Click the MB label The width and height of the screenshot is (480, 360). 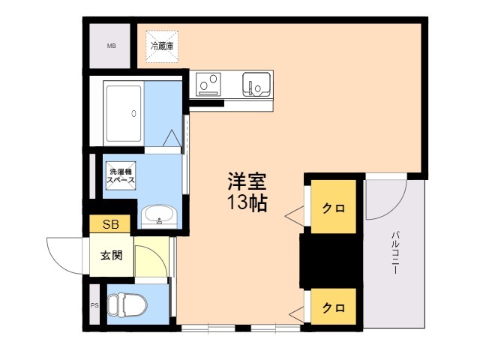[x=111, y=46]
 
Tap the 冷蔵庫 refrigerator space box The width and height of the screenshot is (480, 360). [x=162, y=46]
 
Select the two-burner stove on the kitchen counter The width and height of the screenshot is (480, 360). [x=208, y=84]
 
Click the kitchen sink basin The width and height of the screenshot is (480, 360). [x=256, y=83]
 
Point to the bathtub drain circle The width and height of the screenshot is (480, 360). [x=133, y=113]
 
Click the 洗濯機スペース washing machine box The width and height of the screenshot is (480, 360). [x=121, y=175]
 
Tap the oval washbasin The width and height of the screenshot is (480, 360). [x=159, y=215]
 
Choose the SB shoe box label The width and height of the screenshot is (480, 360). [x=110, y=224]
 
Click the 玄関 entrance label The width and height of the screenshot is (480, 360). [x=112, y=255]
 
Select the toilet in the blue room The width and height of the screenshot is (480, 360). [x=127, y=305]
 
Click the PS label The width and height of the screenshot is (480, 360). [x=95, y=305]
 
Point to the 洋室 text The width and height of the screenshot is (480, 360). [x=247, y=181]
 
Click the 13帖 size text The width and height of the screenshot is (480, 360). [x=247, y=202]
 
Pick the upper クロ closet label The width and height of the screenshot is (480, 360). [x=333, y=208]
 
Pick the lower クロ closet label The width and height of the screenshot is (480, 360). [x=333, y=307]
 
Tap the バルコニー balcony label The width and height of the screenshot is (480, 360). [x=395, y=253]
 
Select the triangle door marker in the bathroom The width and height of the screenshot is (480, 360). [x=172, y=138]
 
